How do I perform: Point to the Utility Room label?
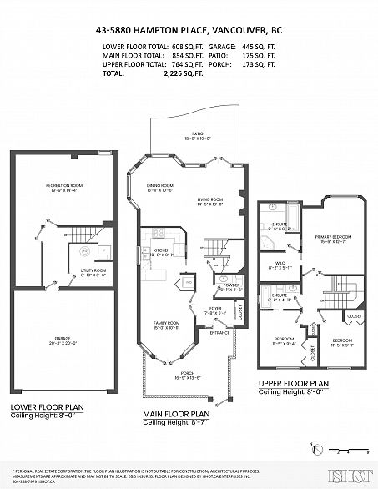click(93, 270)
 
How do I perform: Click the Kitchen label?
click(159, 249)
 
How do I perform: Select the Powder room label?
click(231, 284)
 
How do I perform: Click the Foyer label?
click(216, 309)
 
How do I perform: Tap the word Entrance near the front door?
click(219, 332)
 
